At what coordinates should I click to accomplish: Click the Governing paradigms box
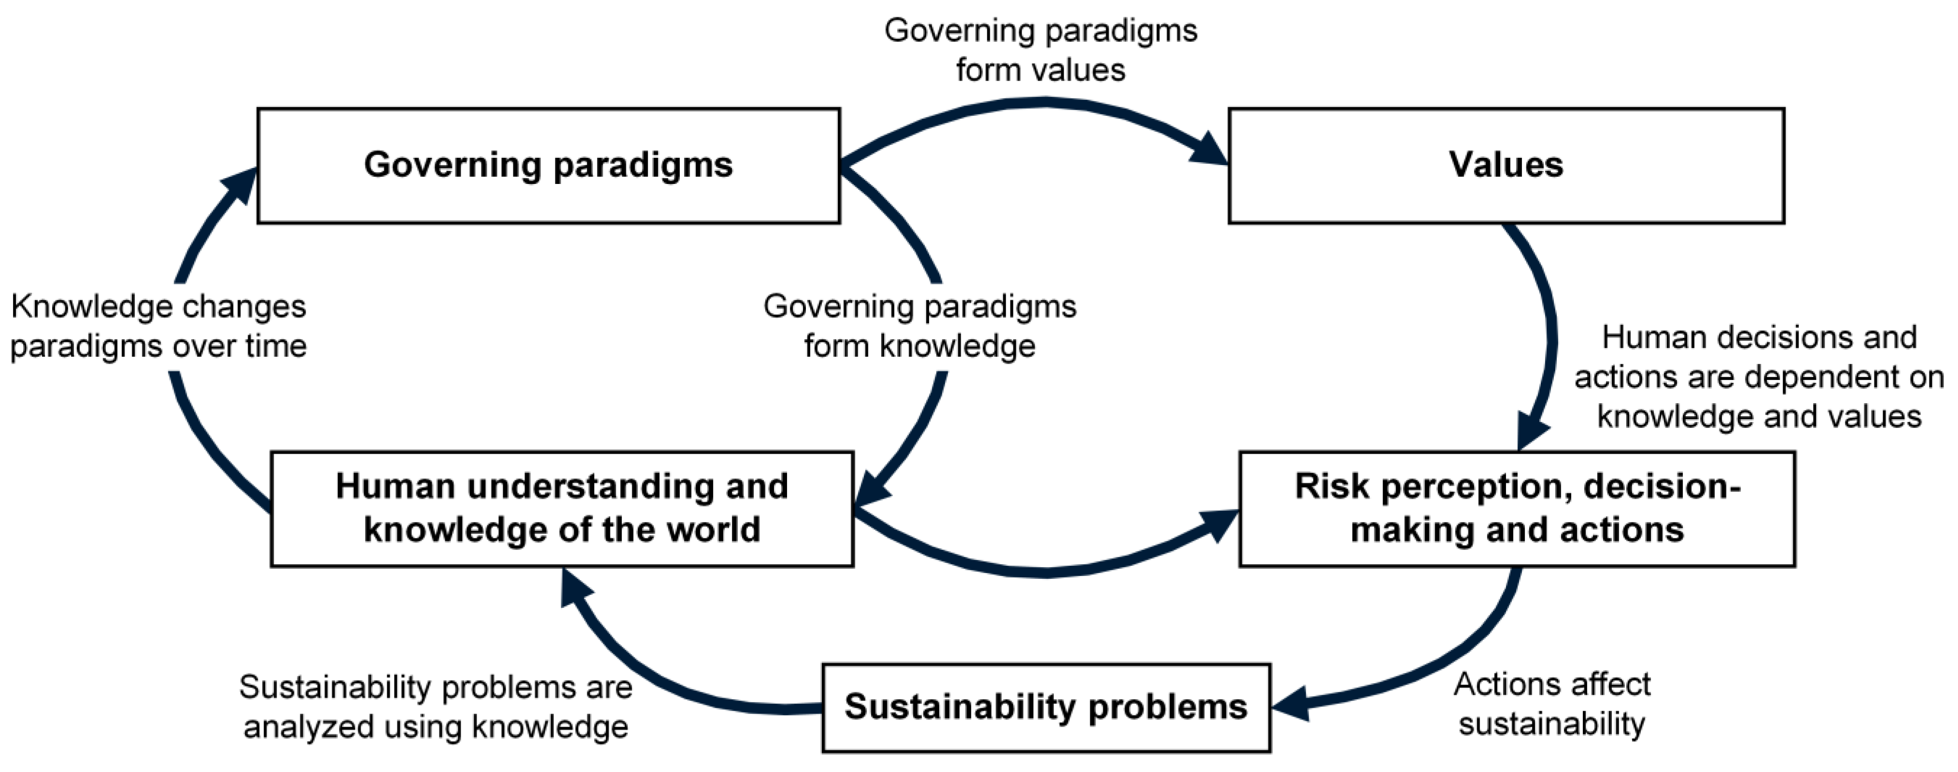tap(548, 166)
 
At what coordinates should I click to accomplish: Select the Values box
tap(1506, 166)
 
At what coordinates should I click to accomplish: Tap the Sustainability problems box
tap(1046, 707)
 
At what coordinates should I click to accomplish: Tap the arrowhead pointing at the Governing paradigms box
tap(242, 186)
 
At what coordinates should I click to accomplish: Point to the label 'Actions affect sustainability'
tap(1551, 703)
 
